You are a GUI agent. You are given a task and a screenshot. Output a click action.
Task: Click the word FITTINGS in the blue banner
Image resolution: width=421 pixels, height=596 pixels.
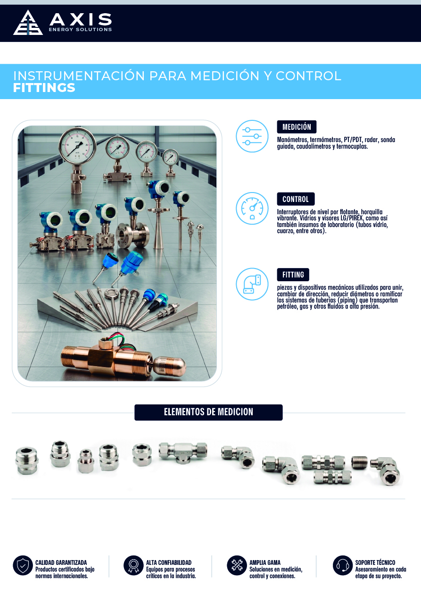click(x=44, y=88)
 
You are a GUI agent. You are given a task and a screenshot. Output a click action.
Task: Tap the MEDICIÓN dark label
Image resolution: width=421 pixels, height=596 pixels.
click(x=297, y=127)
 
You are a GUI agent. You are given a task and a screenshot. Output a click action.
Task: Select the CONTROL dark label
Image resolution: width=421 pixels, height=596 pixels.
click(x=296, y=199)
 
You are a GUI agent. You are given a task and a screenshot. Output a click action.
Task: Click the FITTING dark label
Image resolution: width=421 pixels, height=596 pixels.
click(x=293, y=275)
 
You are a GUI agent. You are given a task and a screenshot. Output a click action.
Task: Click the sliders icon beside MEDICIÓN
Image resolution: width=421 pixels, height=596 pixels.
click(x=252, y=136)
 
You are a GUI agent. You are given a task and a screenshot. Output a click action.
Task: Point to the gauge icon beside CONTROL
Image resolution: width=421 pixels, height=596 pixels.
click(x=252, y=208)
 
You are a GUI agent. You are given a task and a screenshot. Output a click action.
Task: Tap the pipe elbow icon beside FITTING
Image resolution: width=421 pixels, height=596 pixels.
click(x=252, y=284)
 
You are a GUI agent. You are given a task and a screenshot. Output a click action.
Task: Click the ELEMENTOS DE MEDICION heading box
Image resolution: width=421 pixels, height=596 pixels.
click(x=208, y=412)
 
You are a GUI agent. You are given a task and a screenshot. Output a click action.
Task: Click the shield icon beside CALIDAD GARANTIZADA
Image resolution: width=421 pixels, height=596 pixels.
click(x=23, y=565)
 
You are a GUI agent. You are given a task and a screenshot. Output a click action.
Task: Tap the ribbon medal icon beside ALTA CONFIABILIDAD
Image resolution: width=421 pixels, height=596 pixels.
click(x=133, y=565)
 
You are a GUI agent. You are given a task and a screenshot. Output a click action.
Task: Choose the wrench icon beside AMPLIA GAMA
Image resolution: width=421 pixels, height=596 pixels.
click(x=237, y=565)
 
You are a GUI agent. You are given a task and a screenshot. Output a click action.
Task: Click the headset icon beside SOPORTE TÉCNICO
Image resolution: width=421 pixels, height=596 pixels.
click(x=343, y=565)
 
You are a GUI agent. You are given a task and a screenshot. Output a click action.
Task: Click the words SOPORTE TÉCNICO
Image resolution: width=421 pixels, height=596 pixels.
click(x=375, y=562)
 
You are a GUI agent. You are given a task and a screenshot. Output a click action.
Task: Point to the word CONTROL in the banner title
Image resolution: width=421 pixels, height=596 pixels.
click(x=308, y=76)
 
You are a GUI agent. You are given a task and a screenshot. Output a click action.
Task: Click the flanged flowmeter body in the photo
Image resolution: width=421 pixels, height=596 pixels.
click(x=133, y=235)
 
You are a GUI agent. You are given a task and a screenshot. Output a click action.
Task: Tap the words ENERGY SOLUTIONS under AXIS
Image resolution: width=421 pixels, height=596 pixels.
click(x=80, y=29)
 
